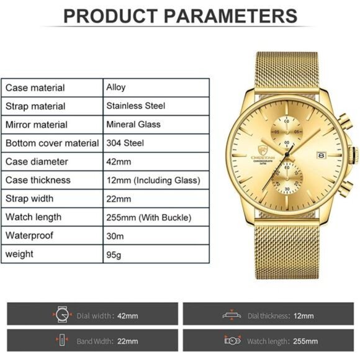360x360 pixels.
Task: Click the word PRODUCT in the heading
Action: (x=102, y=16)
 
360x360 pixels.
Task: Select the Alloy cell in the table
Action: (x=116, y=88)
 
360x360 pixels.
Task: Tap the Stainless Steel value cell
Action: (x=135, y=106)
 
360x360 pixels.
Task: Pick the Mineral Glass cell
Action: (x=133, y=124)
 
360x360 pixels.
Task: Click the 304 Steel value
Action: (x=125, y=143)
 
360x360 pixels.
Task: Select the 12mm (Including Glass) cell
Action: (x=153, y=180)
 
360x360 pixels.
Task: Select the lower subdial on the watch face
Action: (x=287, y=174)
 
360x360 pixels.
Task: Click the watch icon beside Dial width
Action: (x=60, y=315)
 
